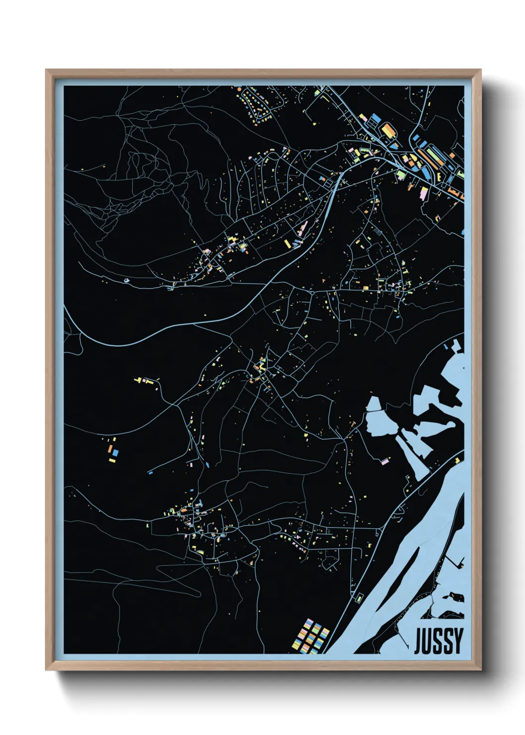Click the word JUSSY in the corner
tap(438, 641)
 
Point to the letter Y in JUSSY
tap(458, 641)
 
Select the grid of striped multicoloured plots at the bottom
tap(310, 636)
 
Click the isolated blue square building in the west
tap(115, 453)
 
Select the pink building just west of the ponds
tap(385, 461)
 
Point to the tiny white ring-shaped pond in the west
tap(127, 280)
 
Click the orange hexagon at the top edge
tap(239, 89)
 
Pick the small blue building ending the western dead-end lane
tap(150, 472)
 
